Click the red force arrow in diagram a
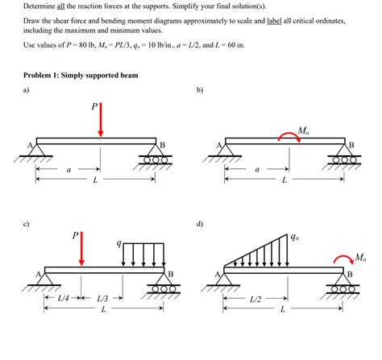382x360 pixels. [x=100, y=122]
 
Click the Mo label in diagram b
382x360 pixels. [x=302, y=128]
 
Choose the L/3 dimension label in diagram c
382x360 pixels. [x=102, y=298]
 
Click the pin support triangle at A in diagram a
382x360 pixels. [x=37, y=151]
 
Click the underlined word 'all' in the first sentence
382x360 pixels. [x=60, y=6]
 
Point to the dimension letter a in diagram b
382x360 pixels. [x=257, y=169]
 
